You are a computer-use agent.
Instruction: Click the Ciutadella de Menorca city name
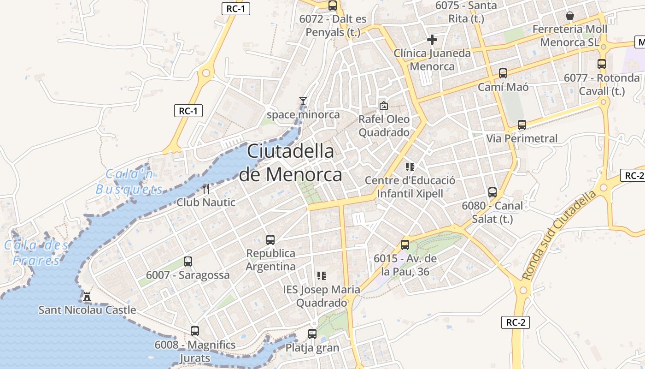coord(291,163)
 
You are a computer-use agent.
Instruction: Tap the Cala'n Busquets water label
coord(129,182)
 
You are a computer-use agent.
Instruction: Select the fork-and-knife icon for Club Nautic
coord(206,188)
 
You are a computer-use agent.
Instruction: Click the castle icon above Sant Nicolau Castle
coord(87,296)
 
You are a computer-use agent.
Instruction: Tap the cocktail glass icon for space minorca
coord(303,101)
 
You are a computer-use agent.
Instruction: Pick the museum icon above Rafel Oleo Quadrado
coord(383,106)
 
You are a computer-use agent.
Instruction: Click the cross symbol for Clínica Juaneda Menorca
coord(432,40)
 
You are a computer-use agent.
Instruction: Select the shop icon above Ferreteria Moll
coord(570,16)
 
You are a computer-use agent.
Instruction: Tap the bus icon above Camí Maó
coord(503,73)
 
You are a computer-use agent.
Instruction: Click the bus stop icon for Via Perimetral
coord(522,125)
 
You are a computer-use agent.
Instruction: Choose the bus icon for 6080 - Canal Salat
coord(493,192)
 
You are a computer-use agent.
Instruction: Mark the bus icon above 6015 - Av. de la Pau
coord(405,245)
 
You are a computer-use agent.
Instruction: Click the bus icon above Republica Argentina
coord(270,240)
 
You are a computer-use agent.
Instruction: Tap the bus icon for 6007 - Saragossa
coord(188,262)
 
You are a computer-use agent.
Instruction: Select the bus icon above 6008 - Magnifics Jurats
coord(195,331)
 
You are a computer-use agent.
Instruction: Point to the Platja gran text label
coord(312,348)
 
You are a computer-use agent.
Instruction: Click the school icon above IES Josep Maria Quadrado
coord(322,276)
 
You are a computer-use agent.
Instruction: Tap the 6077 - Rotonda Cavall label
coord(602,84)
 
